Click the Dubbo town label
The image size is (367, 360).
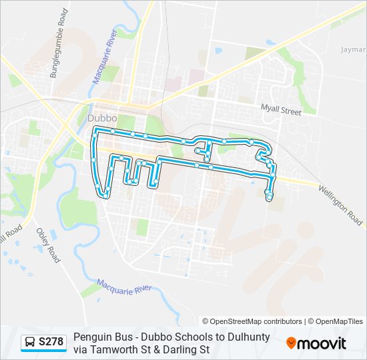pos(102,118)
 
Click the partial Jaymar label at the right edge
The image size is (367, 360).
pos(353,49)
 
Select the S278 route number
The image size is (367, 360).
pos(51,343)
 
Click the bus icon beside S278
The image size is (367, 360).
pos(30,343)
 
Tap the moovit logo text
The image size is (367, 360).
pos(322,343)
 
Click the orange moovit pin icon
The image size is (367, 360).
pos(292,343)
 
